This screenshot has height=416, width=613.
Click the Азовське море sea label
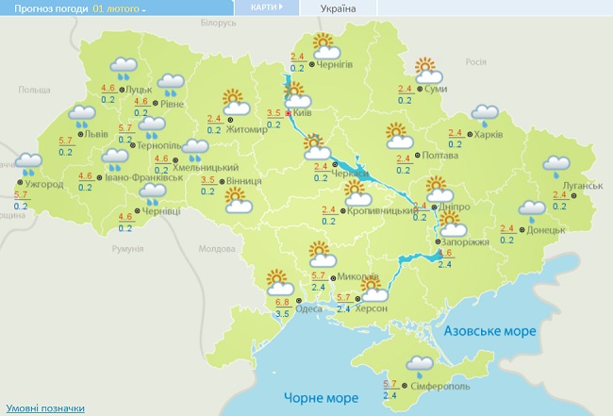[x=490, y=332]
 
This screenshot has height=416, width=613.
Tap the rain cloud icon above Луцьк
[x=124, y=67]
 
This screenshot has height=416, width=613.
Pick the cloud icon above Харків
[x=485, y=116]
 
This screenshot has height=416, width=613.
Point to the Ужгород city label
[x=44, y=184]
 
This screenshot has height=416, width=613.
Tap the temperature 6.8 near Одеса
[x=282, y=302]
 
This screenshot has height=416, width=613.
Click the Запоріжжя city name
[x=466, y=242]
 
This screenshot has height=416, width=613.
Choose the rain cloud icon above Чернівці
[x=152, y=194]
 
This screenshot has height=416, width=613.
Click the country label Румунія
[x=125, y=248]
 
